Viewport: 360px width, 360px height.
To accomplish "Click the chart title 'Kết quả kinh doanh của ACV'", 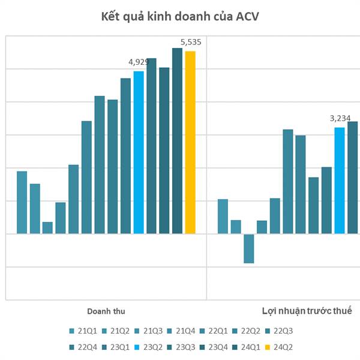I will pos(179,16).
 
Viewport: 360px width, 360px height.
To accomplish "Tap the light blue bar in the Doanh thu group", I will pos(139,152).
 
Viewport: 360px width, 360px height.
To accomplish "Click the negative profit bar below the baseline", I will pos(248,248).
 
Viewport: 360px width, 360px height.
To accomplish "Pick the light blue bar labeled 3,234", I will pos(340,180).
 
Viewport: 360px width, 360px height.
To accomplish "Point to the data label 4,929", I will pos(139,61).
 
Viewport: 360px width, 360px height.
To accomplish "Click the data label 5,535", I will pos(191,42).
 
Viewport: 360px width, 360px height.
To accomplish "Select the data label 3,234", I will pos(340,118).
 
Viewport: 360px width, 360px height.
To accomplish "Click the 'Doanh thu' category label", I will pos(106,311).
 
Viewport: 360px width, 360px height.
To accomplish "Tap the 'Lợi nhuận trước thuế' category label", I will pos(307,311).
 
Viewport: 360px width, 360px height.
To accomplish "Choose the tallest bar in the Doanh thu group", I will pos(177,140).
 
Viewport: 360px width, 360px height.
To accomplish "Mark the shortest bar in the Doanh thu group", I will pos(47,227).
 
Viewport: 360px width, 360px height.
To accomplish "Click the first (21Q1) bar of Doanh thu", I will pos(22,202).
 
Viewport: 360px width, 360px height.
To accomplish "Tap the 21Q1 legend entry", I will pos(83,331).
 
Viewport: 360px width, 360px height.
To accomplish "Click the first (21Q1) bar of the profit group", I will pos(223,216).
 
